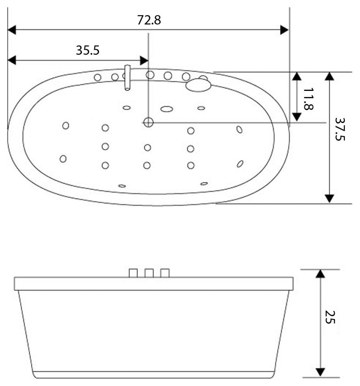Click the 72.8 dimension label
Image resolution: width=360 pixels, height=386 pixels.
point(149,20)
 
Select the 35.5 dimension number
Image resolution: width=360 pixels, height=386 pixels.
point(88,50)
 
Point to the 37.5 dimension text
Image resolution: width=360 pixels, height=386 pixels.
point(340,129)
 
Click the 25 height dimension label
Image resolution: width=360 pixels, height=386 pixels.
point(330,317)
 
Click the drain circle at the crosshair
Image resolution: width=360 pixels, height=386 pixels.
point(148,122)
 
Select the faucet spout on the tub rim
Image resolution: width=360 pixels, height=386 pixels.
point(127,78)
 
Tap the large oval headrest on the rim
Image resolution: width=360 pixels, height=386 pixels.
point(198,85)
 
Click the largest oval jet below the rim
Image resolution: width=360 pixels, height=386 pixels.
point(167,109)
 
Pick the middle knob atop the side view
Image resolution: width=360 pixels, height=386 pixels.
point(149,273)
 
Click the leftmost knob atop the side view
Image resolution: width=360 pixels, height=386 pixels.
point(133,273)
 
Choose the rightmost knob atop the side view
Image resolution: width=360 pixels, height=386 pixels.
point(165,273)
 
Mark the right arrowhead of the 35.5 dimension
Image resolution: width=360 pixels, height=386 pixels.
point(144,60)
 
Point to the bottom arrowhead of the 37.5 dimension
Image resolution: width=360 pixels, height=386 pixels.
point(330,198)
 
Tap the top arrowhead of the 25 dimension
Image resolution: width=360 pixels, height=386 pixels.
point(320,273)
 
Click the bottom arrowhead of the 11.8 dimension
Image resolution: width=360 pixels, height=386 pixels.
point(297,117)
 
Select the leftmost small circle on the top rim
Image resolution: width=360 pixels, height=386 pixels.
point(98,78)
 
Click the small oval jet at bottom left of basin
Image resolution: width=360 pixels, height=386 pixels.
point(122,186)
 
